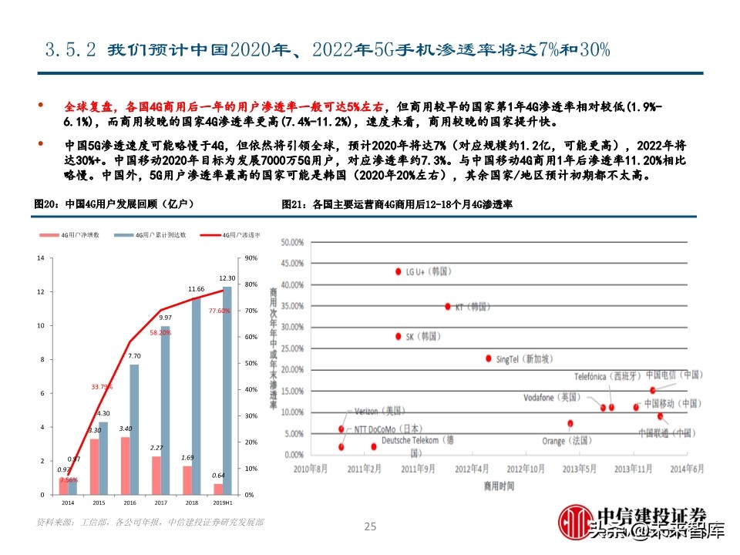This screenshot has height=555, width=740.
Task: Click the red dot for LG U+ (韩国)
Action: click(x=399, y=271)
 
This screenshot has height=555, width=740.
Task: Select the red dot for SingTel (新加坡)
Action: click(x=489, y=358)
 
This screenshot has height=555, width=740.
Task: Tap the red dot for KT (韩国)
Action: click(x=447, y=306)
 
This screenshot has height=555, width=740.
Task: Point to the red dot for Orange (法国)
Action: click(x=570, y=423)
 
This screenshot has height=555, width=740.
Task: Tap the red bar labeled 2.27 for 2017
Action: click(x=157, y=475)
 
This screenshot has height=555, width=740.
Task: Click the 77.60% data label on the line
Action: click(x=219, y=311)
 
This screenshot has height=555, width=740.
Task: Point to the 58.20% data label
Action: click(x=160, y=332)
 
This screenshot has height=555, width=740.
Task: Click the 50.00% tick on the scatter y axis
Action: click(x=293, y=242)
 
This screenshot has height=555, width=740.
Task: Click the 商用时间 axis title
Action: click(x=499, y=486)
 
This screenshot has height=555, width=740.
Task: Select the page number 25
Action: click(x=370, y=527)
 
